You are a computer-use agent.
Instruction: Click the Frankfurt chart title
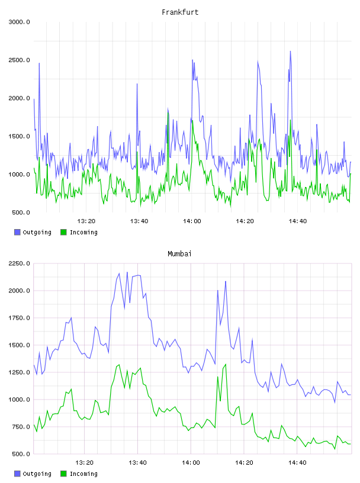[180, 12]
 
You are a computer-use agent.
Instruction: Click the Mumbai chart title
[179, 254]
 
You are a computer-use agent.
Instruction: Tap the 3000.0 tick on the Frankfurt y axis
[19, 22]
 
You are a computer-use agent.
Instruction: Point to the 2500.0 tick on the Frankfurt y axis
[19, 60]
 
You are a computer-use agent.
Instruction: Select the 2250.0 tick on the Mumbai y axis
[19, 263]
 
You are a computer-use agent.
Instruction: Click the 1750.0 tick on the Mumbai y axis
[19, 318]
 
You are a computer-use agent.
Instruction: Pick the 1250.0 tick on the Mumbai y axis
[19, 372]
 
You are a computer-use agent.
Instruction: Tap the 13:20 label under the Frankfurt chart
[86, 221]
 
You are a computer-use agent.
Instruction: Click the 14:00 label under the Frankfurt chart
[192, 221]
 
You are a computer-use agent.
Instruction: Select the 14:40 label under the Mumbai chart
[297, 463]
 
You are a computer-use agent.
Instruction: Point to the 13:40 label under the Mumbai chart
[138, 463]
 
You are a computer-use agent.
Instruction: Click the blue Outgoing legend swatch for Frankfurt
[17, 232]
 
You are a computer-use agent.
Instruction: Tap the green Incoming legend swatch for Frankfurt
[63, 232]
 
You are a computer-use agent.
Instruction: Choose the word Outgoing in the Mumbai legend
[37, 474]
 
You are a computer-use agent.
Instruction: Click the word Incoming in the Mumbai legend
[83, 474]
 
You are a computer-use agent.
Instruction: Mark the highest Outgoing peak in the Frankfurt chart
[290, 51]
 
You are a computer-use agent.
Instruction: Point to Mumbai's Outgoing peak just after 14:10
[226, 281]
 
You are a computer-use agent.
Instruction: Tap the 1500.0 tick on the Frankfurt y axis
[19, 137]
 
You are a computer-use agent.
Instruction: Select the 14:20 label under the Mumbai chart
[244, 463]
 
